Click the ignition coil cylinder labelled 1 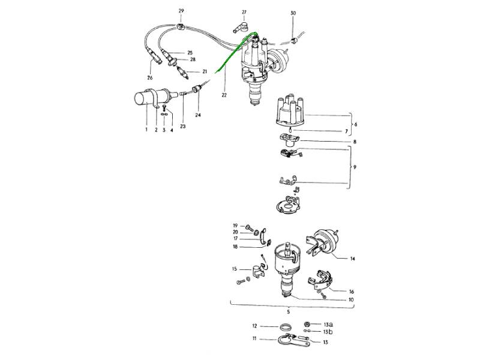point(155,97)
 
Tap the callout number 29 point(181,11)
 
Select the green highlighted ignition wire point(235,52)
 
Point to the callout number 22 point(224,95)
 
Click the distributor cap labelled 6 point(290,111)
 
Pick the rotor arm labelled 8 point(289,140)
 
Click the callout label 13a point(328,325)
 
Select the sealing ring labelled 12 point(285,326)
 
